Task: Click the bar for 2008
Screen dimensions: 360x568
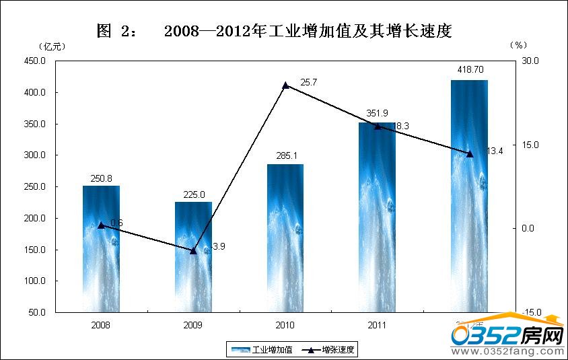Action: [x=101, y=249]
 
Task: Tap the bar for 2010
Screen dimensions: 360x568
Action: [x=285, y=238]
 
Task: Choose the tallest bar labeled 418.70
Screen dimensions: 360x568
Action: [x=470, y=196]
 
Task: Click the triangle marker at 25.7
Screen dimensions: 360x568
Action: [x=285, y=85]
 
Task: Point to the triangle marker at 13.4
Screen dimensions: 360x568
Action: [x=470, y=153]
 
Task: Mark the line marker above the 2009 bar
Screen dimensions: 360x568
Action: [x=193, y=250]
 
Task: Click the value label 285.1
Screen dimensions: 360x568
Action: [x=285, y=156]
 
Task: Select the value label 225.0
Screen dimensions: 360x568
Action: [x=193, y=194]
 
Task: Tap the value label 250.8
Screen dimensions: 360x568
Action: [x=101, y=178]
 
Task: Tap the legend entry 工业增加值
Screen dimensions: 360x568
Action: [x=262, y=349]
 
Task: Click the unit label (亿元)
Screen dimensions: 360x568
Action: [x=52, y=45]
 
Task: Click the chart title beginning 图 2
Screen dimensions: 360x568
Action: [x=273, y=30]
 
